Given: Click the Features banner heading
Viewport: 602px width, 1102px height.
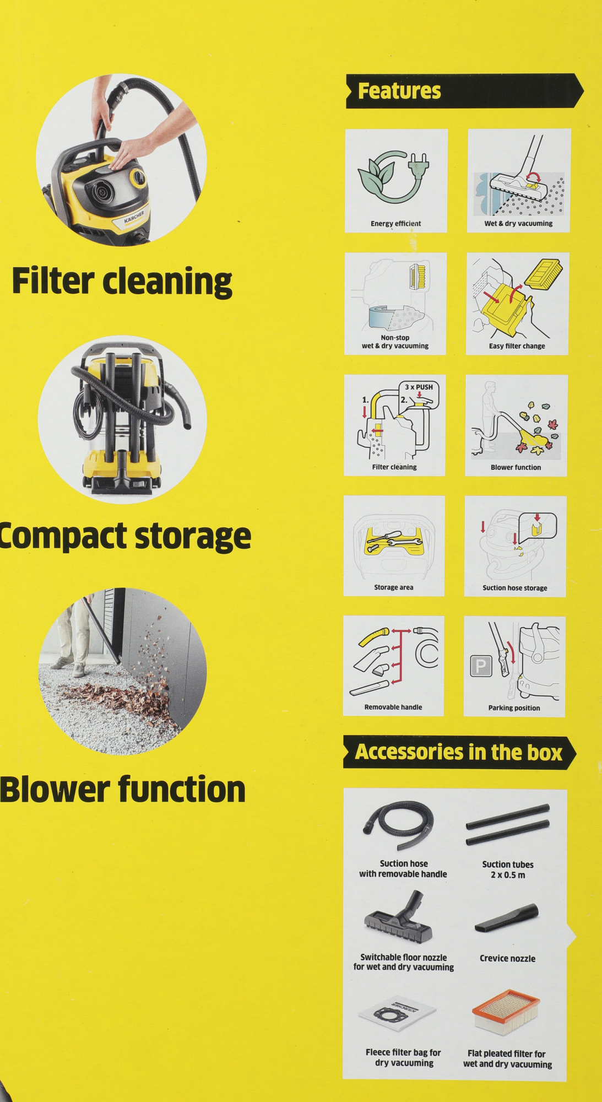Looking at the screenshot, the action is (x=399, y=91).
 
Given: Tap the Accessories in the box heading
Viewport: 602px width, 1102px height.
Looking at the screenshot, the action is (x=458, y=752).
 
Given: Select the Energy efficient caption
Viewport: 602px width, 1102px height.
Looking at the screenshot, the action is (x=395, y=223).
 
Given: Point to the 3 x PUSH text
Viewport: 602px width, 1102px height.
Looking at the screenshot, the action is (x=419, y=387).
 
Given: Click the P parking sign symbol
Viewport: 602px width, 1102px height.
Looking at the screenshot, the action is (x=480, y=666).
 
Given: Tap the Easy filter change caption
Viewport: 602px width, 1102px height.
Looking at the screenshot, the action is (x=517, y=346).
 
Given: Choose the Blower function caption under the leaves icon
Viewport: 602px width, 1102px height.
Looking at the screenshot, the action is (x=516, y=467).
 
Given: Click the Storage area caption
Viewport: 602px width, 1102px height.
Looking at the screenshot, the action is (x=393, y=587).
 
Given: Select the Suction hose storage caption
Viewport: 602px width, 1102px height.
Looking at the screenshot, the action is (x=515, y=588).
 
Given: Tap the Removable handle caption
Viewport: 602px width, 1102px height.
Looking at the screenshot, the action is (x=393, y=707).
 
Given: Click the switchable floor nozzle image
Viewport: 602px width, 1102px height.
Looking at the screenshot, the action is (x=398, y=917).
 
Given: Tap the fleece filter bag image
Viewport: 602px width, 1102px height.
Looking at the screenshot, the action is (x=397, y=1014).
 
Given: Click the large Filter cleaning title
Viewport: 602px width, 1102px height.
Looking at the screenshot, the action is (x=122, y=282).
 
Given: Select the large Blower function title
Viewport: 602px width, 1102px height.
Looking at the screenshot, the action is (x=122, y=789).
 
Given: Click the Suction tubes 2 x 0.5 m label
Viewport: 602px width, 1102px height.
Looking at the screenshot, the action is (x=507, y=869).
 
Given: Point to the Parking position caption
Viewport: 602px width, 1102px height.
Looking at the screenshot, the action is (x=514, y=708).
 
